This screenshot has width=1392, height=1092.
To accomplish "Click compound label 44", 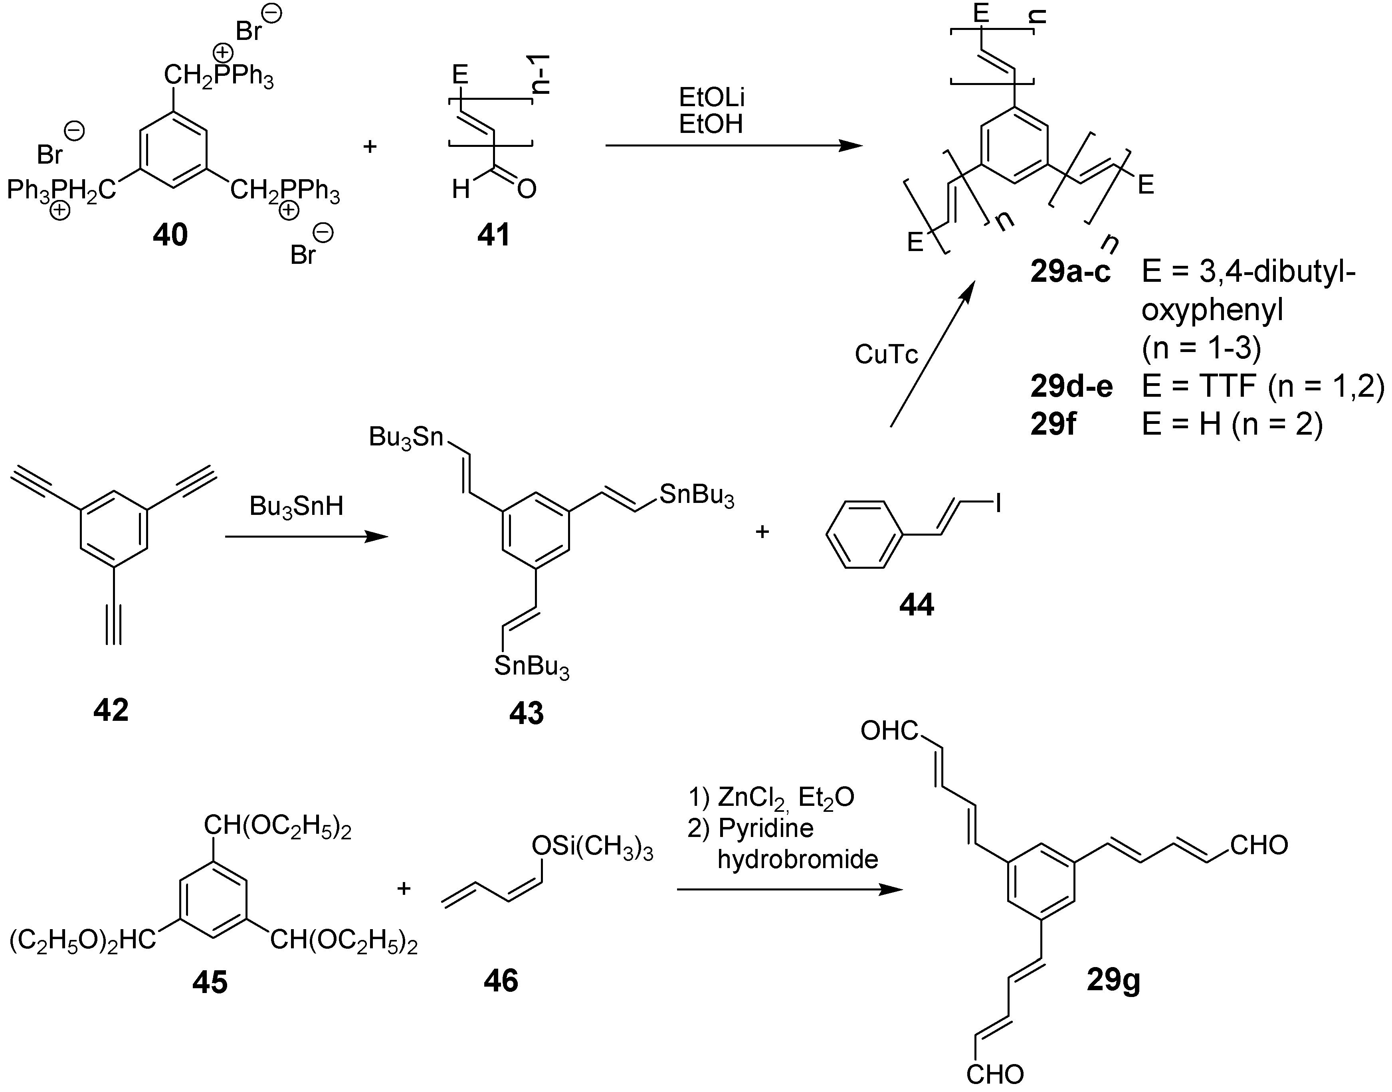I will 916,604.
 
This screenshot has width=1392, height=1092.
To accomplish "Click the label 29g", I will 1113,980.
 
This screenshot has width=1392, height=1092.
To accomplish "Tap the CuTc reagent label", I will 886,354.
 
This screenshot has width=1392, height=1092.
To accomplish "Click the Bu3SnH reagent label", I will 296,506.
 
